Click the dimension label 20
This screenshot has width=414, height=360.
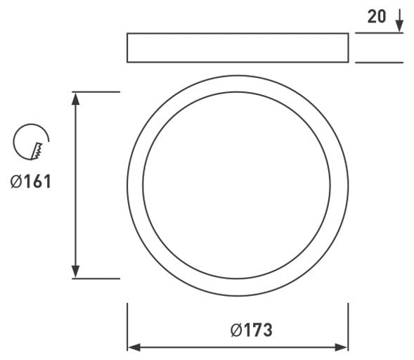point(377,17)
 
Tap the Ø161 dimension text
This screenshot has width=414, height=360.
point(30,181)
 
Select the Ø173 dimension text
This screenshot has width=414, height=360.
point(252,330)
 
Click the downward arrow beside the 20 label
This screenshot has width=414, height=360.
point(399,20)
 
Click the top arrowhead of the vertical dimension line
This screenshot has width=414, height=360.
point(76,98)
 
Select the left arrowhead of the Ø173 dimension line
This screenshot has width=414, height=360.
point(134,347)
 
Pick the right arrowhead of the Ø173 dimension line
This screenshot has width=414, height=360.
point(342,347)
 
